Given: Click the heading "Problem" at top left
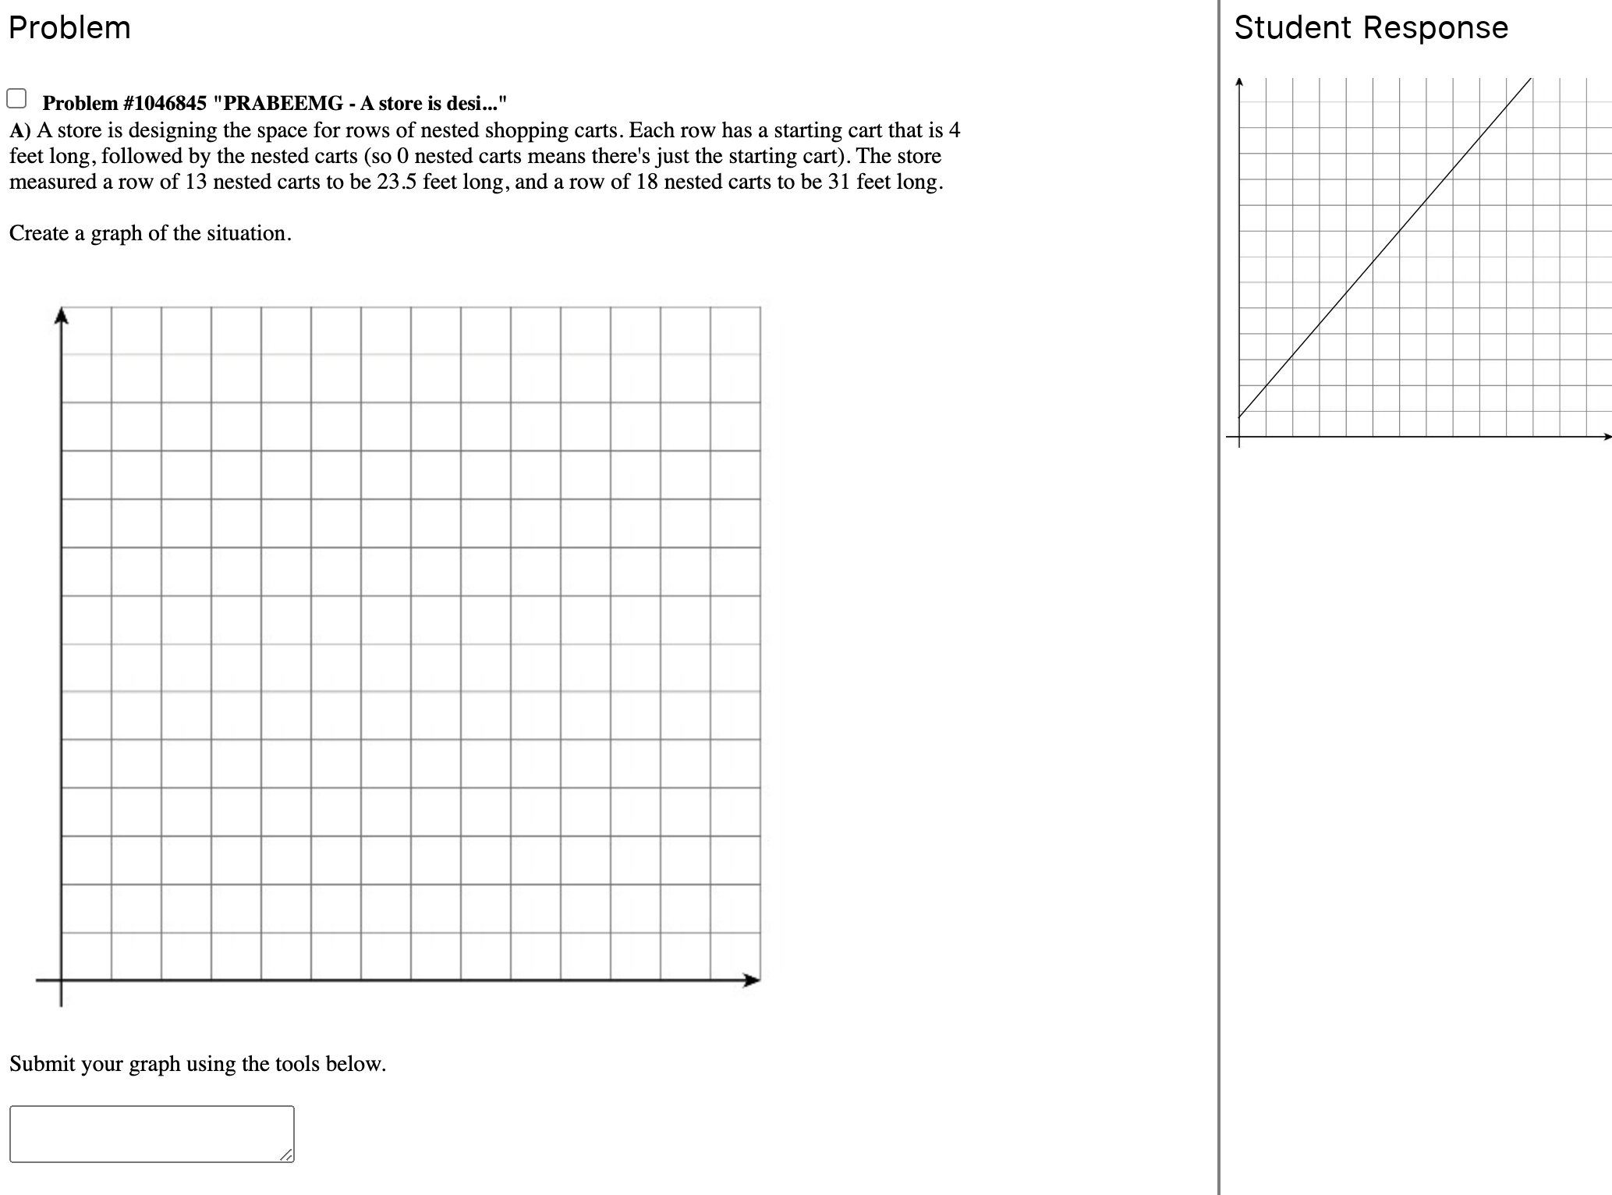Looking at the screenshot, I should (69, 28).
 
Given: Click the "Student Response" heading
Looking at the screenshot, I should (1370, 28).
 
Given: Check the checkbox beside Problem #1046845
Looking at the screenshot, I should (16, 99).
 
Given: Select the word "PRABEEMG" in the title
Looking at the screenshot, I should (283, 103).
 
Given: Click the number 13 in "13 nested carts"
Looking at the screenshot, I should (196, 182).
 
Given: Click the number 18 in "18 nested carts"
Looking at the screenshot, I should (647, 182).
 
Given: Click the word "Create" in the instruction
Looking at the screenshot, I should (38, 233).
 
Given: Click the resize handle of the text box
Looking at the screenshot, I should (287, 1155).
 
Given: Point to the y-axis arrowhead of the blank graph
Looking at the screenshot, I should (62, 315).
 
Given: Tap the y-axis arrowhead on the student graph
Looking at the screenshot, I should (1239, 81).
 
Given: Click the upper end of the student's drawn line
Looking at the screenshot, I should (1531, 79).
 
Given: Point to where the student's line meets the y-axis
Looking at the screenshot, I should (1239, 416).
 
